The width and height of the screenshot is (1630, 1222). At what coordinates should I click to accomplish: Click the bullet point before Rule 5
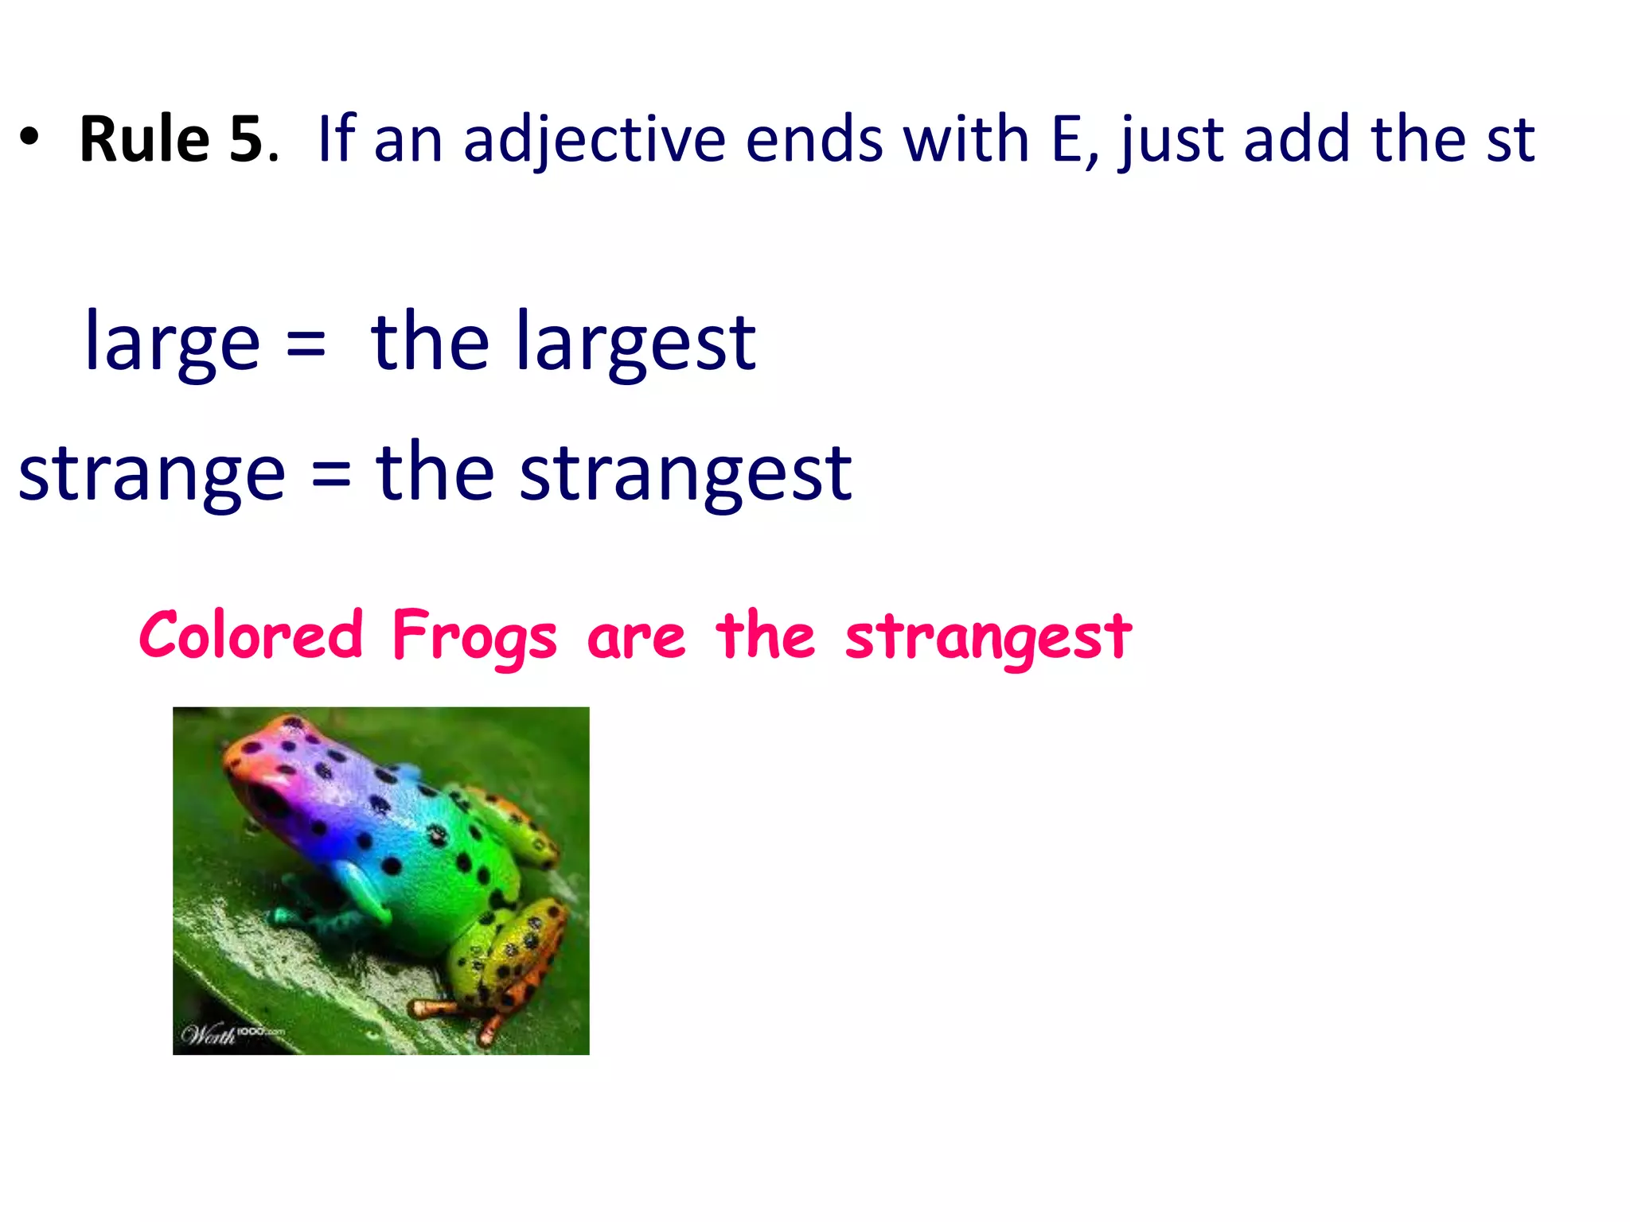pyautogui.click(x=29, y=140)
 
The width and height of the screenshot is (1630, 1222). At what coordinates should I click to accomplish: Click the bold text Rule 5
pyautogui.click(x=170, y=140)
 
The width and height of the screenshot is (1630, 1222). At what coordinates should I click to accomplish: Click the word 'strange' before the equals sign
pyautogui.click(x=151, y=474)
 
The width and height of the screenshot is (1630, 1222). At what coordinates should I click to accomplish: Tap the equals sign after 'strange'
pyautogui.click(x=330, y=476)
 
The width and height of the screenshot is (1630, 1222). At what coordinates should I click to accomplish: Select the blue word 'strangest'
pyautogui.click(x=685, y=474)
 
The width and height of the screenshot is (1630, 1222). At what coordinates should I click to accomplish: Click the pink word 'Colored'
pyautogui.click(x=251, y=636)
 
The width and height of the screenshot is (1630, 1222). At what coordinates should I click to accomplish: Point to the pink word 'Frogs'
pyautogui.click(x=474, y=637)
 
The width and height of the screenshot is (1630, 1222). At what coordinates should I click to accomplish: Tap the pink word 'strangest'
pyautogui.click(x=988, y=637)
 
